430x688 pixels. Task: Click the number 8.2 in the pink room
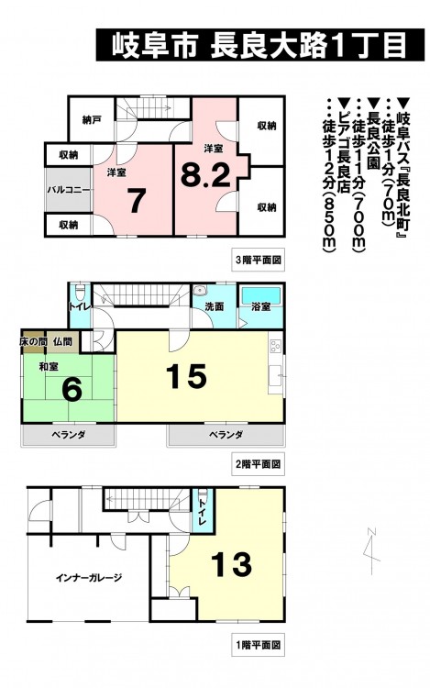(x=205, y=177)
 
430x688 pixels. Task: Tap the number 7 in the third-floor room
(x=137, y=202)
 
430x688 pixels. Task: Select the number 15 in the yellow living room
(x=187, y=376)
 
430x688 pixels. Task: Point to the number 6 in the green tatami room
(x=72, y=391)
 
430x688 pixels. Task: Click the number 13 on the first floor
(x=231, y=564)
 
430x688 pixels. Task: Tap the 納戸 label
(x=92, y=119)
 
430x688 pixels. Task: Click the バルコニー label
(x=69, y=190)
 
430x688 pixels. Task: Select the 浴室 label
(x=260, y=306)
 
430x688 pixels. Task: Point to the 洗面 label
(x=215, y=306)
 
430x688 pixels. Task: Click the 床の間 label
(x=33, y=341)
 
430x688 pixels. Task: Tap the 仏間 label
(x=61, y=341)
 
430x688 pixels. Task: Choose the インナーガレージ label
(x=89, y=577)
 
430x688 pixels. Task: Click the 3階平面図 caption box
(x=259, y=261)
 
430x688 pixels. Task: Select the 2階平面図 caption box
(x=259, y=464)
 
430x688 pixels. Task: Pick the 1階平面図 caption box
(x=259, y=645)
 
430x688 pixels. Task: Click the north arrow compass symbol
(x=372, y=550)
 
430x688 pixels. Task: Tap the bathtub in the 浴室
(x=260, y=294)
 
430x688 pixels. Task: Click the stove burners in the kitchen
(x=276, y=346)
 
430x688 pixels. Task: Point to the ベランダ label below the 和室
(x=69, y=435)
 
